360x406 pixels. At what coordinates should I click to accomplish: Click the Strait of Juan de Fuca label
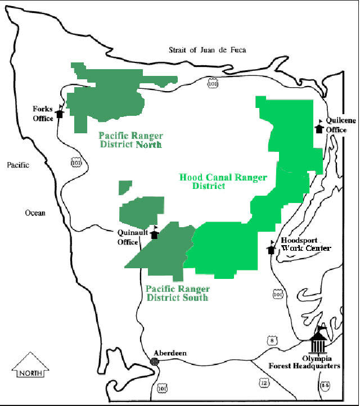[208, 50]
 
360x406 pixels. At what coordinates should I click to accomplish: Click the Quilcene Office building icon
[319, 128]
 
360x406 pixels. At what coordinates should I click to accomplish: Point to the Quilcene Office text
[337, 124]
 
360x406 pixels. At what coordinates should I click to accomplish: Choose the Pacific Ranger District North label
[130, 140]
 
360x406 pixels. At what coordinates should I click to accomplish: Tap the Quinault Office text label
[128, 237]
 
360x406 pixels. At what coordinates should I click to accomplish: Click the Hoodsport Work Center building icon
[271, 248]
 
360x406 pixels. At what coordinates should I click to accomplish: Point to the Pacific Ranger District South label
[177, 293]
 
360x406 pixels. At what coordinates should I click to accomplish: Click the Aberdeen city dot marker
[155, 361]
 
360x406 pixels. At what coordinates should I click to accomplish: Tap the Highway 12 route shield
[264, 383]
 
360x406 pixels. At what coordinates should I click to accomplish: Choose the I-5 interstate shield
[324, 385]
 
